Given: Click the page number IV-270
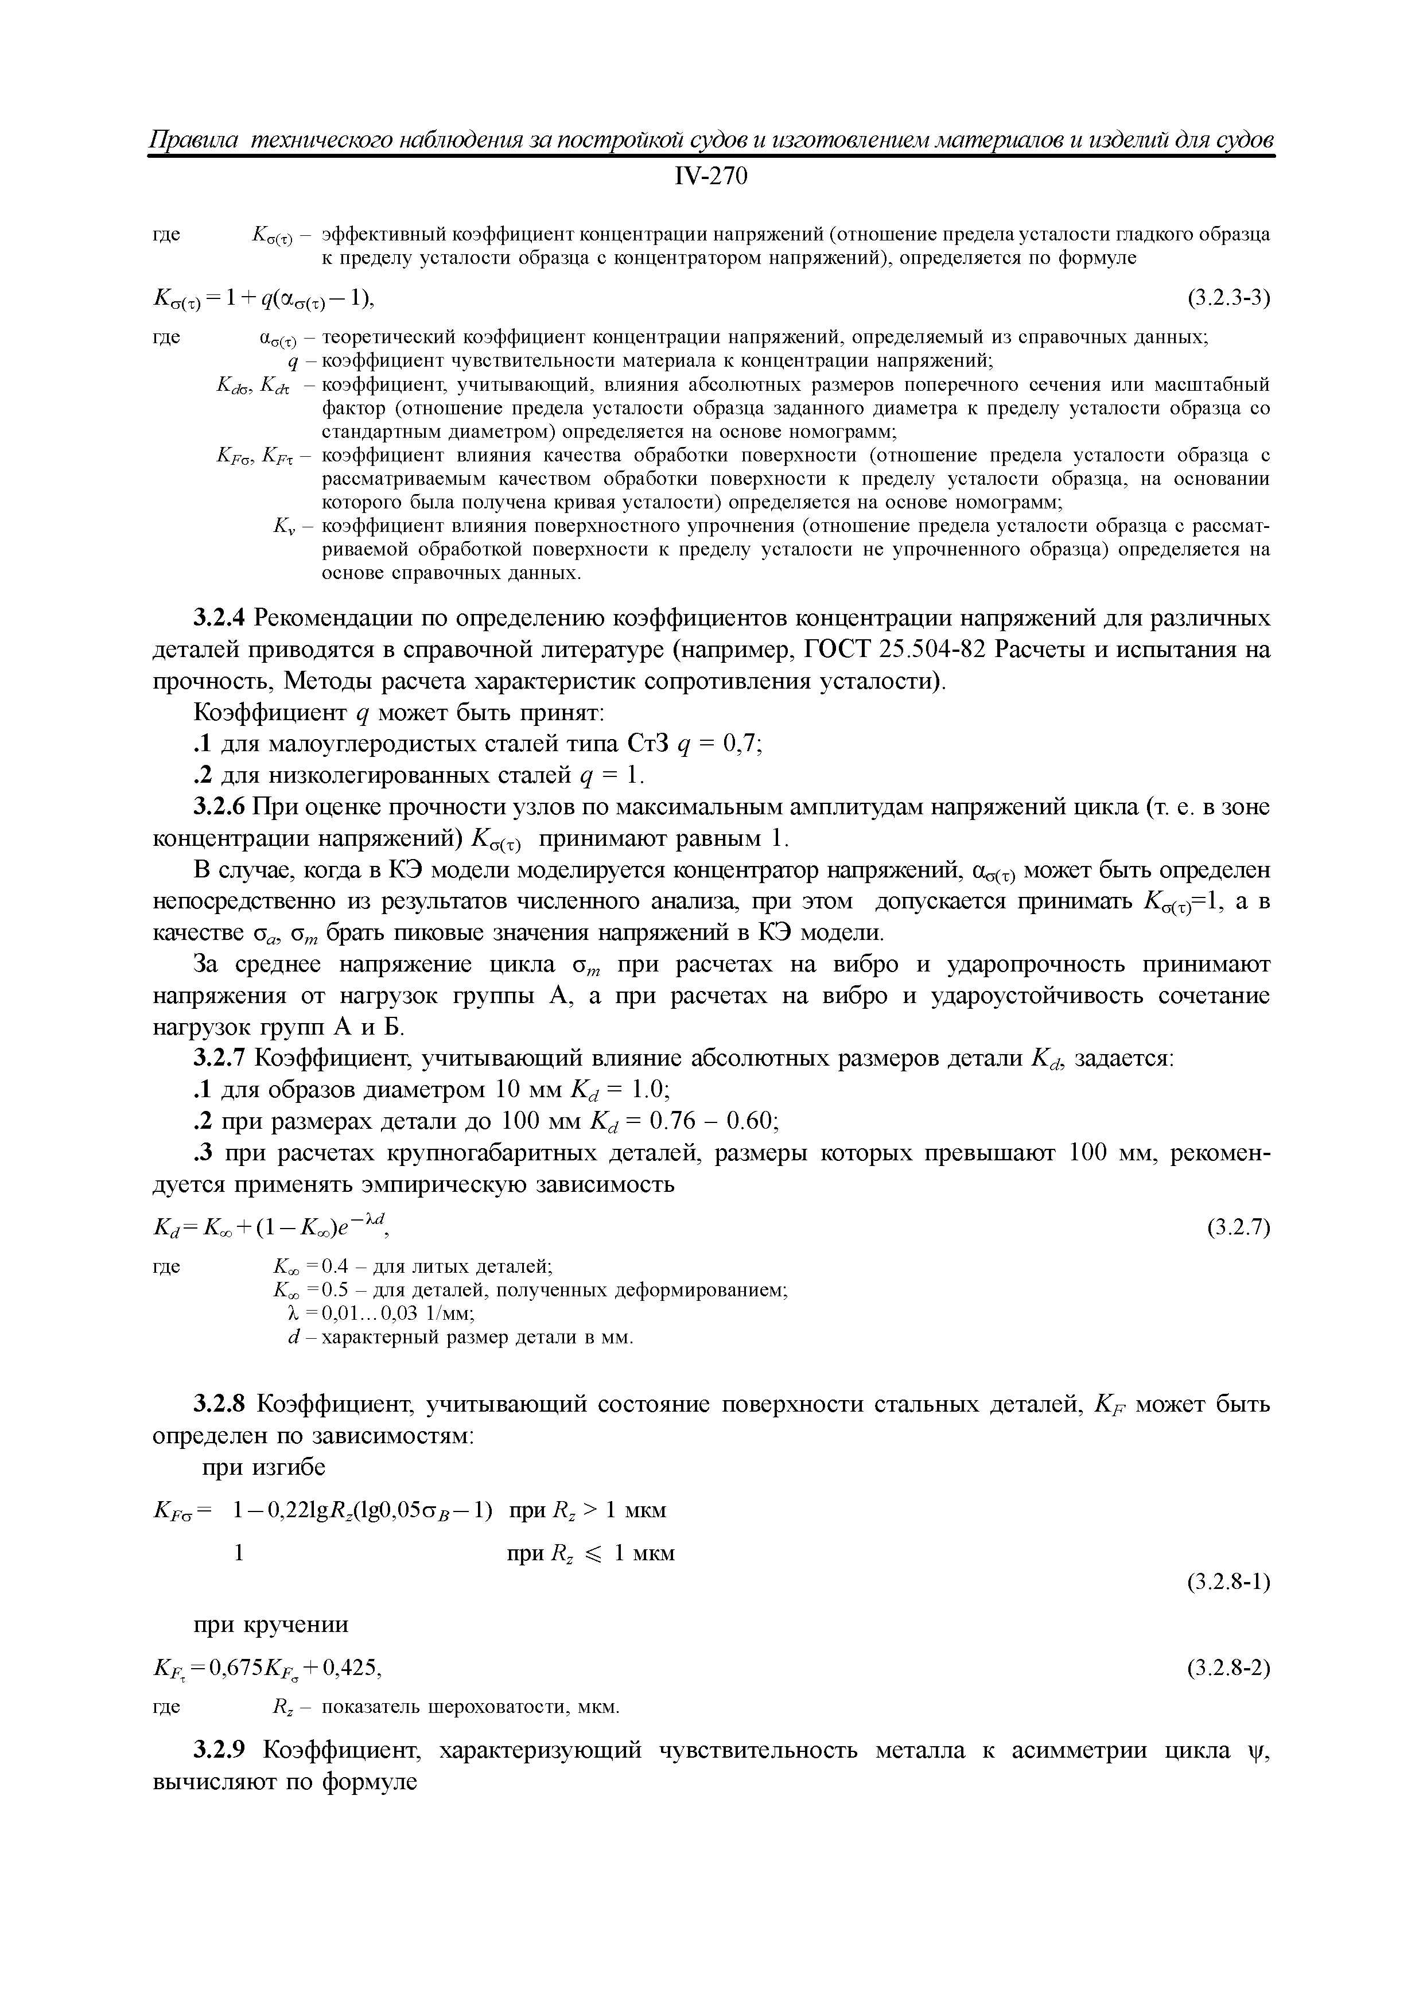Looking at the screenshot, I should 711,177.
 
